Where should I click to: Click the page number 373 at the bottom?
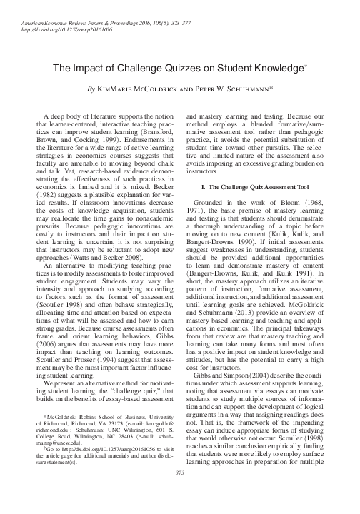point(179,493)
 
